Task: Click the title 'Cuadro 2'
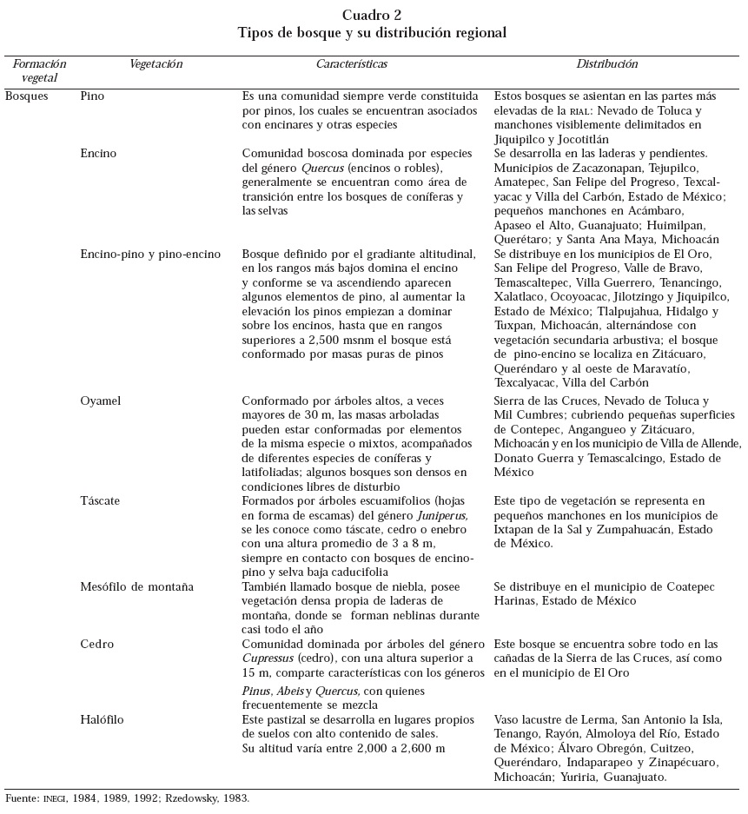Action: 372,15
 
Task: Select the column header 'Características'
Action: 351,64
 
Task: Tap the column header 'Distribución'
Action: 607,64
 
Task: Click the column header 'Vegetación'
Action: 156,64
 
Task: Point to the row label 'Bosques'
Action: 27,96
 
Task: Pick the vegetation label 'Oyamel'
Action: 100,401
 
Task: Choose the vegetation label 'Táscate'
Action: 100,501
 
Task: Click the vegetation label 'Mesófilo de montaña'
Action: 136,586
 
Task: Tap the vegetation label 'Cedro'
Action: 97,645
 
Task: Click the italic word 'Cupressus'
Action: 269,658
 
